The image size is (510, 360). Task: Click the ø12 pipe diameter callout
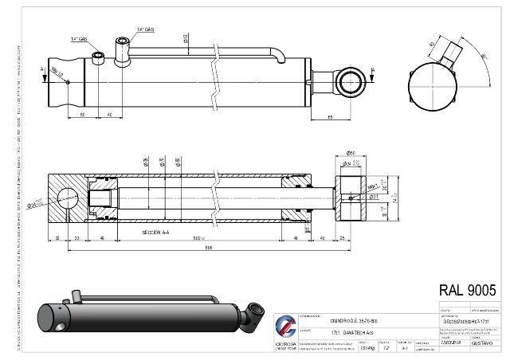point(186,37)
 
